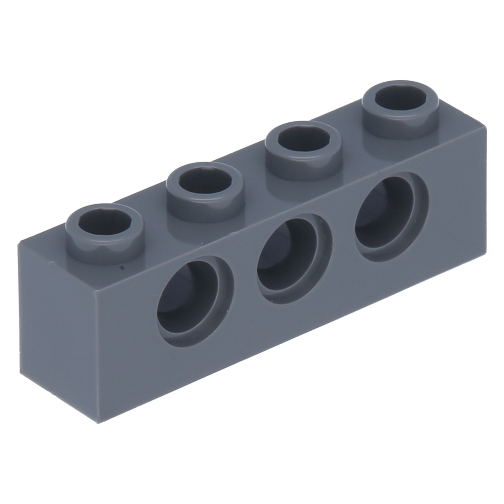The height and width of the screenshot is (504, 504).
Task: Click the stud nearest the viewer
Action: (x=104, y=232)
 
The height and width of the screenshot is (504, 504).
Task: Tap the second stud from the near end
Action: (x=205, y=192)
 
